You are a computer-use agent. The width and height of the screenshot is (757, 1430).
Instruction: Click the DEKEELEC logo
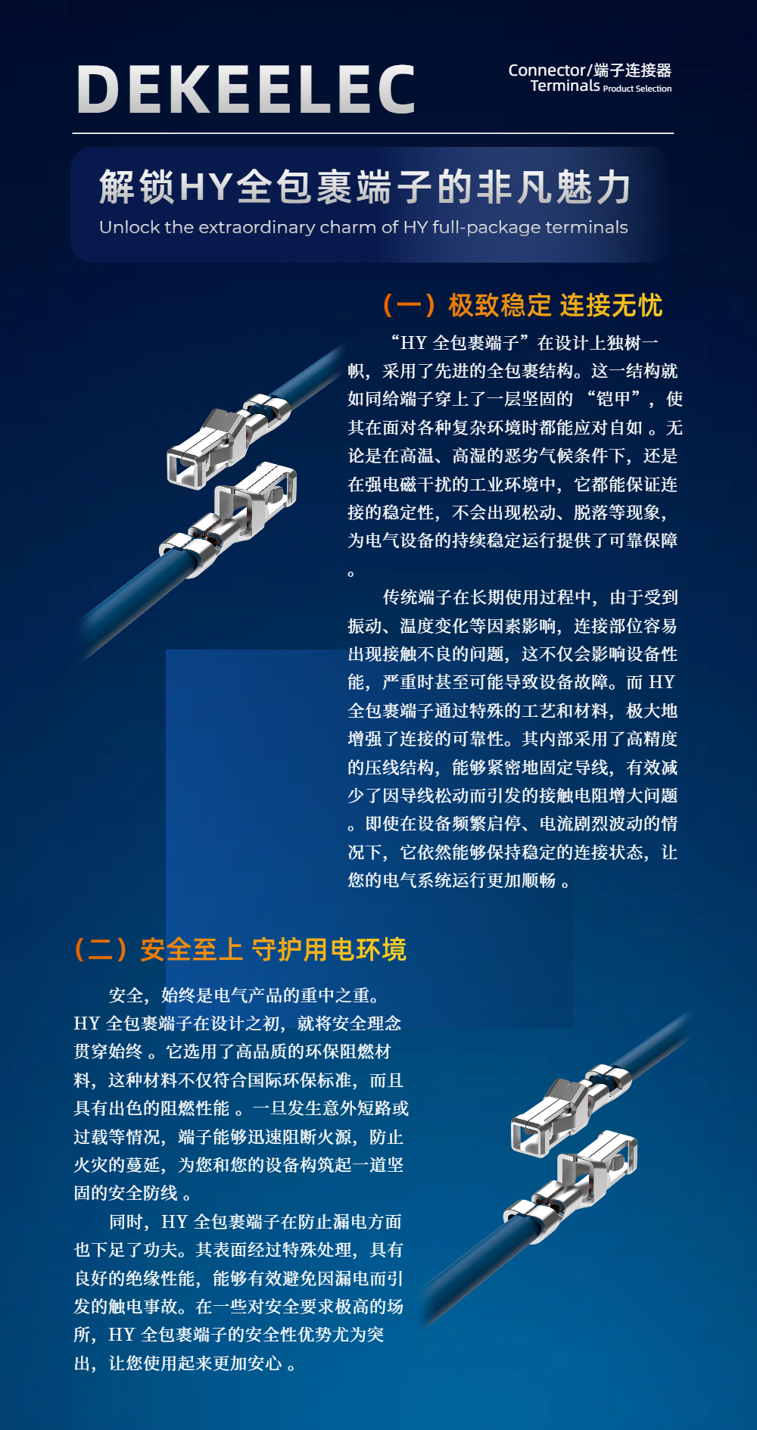pos(246,89)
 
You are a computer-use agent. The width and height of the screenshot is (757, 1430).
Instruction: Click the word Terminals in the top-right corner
pos(565,86)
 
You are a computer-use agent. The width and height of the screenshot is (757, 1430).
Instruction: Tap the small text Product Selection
pos(637,89)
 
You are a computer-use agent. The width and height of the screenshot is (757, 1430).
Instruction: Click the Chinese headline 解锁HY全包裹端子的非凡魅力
pos(365,187)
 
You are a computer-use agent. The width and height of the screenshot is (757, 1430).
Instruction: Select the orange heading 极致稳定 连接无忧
pos(555,306)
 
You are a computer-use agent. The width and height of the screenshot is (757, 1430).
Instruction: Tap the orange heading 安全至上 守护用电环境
pos(273,949)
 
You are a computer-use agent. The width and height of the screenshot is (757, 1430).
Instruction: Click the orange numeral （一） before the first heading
pos(410,306)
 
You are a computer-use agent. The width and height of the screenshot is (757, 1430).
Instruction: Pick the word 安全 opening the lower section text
pos(126,995)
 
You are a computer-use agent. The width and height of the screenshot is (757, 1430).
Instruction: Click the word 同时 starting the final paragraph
pos(126,1221)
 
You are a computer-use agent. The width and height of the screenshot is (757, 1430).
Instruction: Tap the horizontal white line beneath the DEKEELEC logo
pos(373,133)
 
